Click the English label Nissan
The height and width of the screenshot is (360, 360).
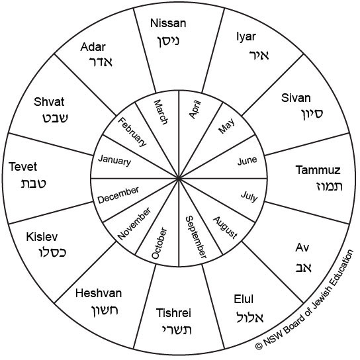coord(168,23)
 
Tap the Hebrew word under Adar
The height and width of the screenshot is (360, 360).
coord(101,62)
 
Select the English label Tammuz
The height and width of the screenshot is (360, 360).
coord(318,170)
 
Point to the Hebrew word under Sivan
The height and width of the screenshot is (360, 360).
coord(312,114)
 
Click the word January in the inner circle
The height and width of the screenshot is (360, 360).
coord(114,160)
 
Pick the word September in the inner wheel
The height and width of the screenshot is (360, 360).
coord(196,237)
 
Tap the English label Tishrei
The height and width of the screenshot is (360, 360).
coord(173,313)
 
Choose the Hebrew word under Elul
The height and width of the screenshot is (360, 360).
coord(249,317)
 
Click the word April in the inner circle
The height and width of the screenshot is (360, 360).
coord(195,109)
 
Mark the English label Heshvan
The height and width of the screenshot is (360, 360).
coord(99,293)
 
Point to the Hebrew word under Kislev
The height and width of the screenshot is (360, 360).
coord(52,252)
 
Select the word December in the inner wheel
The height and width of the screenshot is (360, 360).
coord(118,195)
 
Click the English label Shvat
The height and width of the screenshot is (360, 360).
coord(49,102)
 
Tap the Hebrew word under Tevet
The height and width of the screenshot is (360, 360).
coord(34,183)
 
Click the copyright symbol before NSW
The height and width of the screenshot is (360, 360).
coord(259,345)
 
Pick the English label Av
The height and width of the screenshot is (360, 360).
coord(302,247)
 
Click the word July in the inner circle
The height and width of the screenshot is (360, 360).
coord(249,197)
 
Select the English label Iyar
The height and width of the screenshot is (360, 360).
coord(246,37)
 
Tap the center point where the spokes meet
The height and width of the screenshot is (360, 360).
coord(179,178)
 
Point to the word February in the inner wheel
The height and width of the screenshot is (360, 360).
coord(132,132)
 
